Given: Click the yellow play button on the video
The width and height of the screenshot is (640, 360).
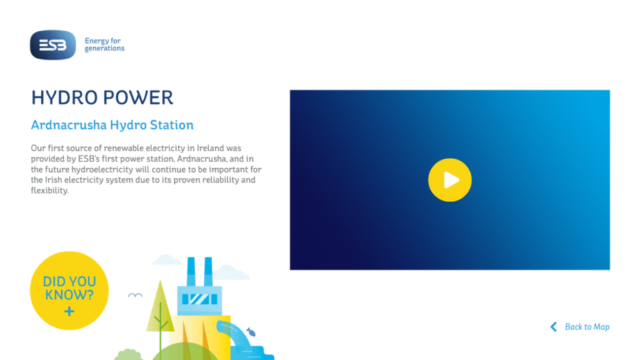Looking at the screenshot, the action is click(450, 180).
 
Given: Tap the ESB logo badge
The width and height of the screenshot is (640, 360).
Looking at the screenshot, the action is click(53, 45).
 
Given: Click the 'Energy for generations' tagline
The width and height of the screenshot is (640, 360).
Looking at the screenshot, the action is click(104, 44).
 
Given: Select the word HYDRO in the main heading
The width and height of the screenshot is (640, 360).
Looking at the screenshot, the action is click(64, 98).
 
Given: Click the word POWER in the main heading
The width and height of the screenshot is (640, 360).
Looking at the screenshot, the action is click(138, 98).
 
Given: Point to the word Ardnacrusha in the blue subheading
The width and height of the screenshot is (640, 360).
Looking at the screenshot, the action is click(69, 125).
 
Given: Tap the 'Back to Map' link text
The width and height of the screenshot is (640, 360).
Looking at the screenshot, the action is click(587, 327).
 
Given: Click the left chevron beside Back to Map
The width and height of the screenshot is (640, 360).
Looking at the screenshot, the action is click(554, 327).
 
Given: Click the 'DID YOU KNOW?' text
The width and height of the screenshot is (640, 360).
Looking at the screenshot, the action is click(69, 288).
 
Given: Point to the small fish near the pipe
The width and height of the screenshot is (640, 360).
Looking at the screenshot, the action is click(251, 332).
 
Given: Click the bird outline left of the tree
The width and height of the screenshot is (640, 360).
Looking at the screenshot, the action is click(135, 295).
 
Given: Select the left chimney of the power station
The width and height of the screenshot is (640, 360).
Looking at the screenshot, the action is click(191, 271).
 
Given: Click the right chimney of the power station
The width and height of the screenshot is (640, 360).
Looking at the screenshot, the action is click(208, 271).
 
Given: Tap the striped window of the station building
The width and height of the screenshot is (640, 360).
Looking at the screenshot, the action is click(199, 299).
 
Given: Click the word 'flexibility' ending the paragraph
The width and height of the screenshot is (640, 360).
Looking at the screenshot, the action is click(49, 191).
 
